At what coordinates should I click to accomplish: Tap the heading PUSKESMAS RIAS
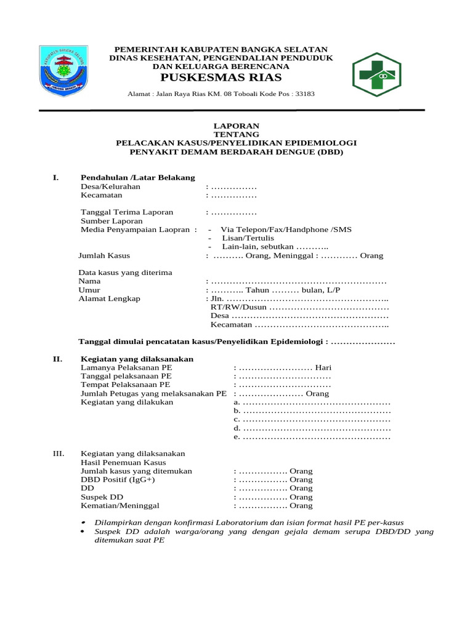point(221,78)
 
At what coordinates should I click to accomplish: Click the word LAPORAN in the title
point(236,126)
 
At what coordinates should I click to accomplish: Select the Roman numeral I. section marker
point(55,178)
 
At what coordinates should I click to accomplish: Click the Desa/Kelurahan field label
point(111,186)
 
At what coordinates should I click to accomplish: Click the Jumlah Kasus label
point(104,255)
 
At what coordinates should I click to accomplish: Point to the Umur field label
point(89,290)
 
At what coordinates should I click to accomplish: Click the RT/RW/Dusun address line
point(299,307)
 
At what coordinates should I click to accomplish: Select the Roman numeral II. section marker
point(58,359)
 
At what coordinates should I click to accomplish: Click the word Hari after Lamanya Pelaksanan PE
point(323,367)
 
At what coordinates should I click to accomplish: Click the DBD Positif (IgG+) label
point(118,479)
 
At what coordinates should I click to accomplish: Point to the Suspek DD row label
point(102,496)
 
